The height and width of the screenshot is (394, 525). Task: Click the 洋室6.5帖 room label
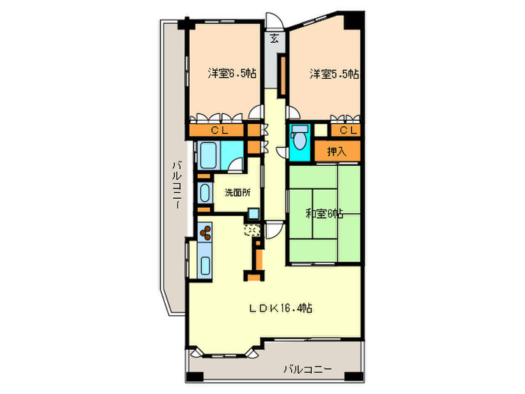(x=232, y=74)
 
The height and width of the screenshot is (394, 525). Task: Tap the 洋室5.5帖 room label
(x=334, y=74)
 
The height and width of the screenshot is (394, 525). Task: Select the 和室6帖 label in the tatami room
(x=324, y=213)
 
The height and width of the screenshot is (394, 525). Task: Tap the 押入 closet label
(x=335, y=152)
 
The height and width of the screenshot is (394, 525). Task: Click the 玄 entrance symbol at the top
(x=274, y=38)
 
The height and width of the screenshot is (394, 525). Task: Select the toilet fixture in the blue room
(x=300, y=140)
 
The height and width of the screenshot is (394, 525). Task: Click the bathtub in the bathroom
(x=207, y=155)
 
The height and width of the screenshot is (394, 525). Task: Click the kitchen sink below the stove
(x=205, y=263)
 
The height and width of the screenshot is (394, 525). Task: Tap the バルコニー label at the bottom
(x=307, y=368)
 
